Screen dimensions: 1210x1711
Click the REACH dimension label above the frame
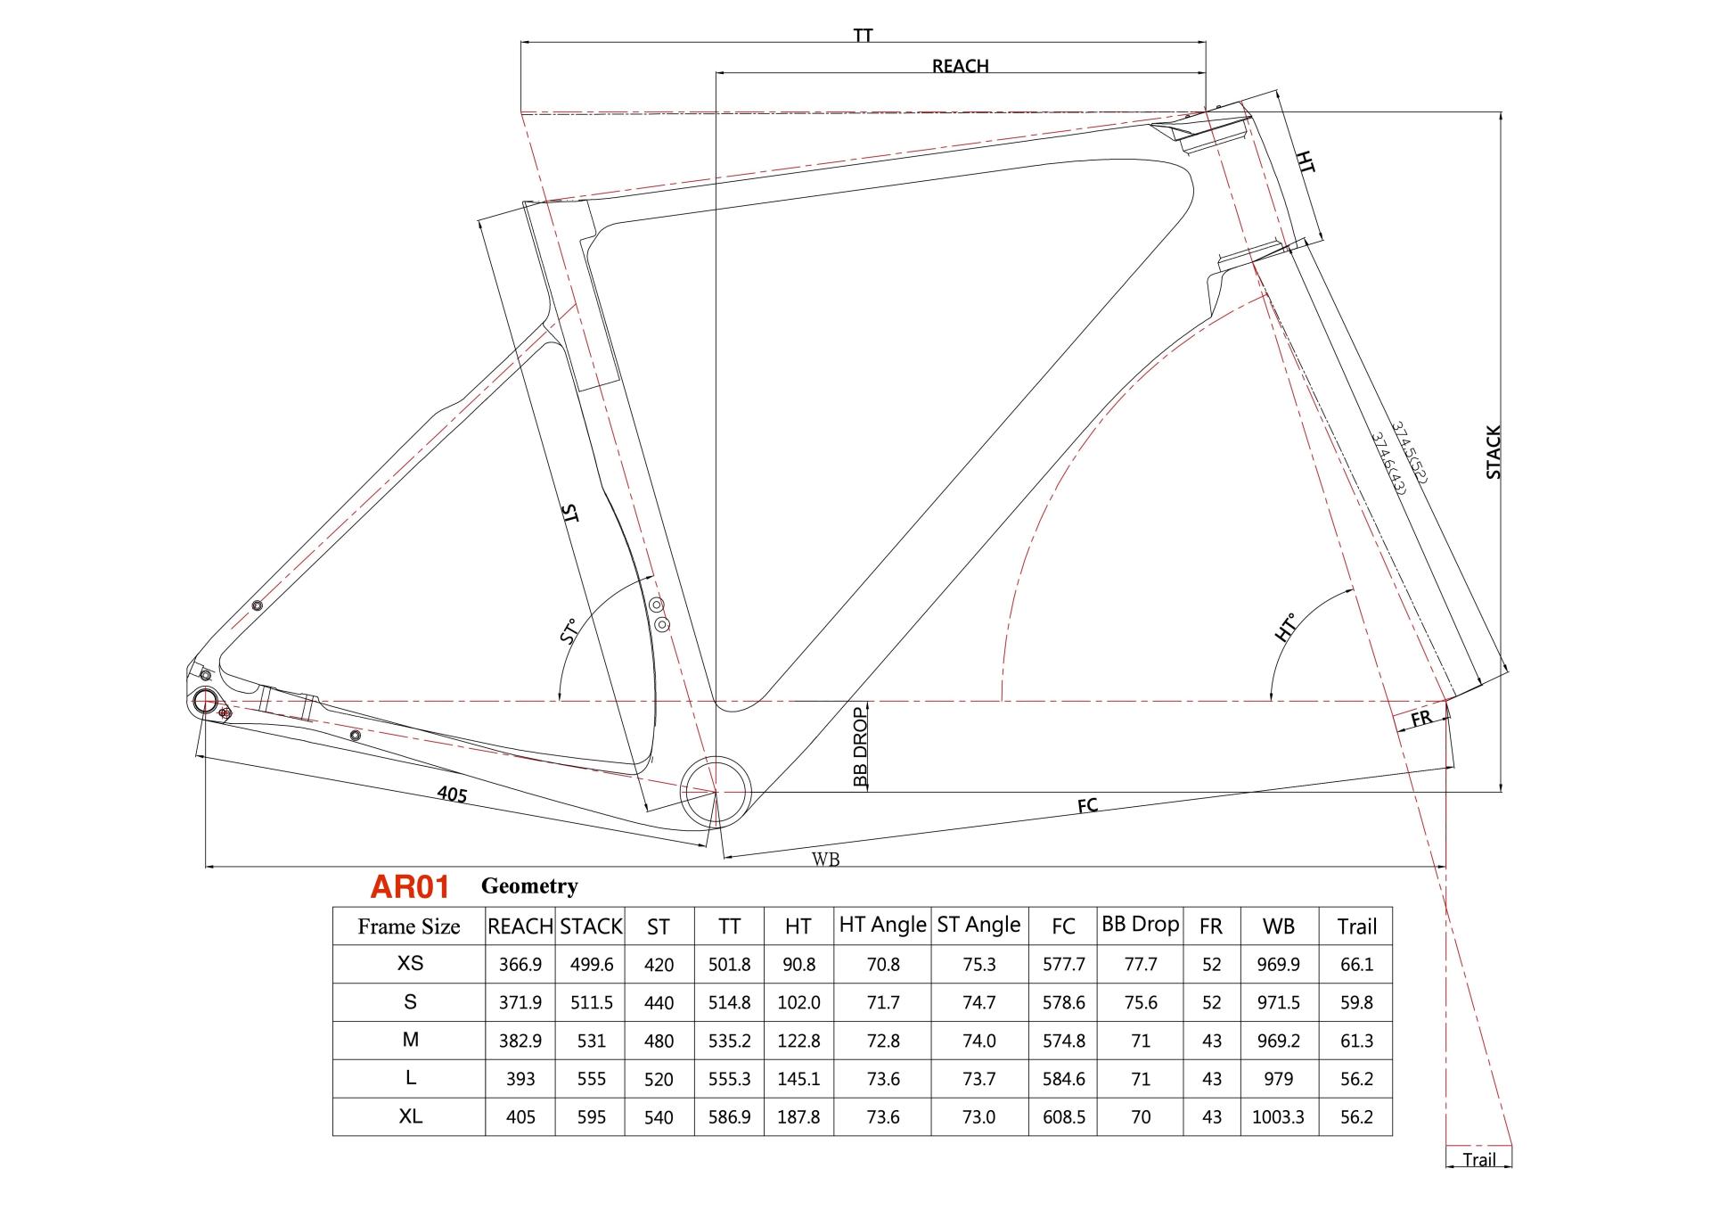click(x=960, y=66)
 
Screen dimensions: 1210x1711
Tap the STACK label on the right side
click(x=1494, y=452)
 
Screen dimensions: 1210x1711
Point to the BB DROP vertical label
click(x=860, y=747)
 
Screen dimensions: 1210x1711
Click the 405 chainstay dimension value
click(x=452, y=793)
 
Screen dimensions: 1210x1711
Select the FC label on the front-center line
click(x=1087, y=806)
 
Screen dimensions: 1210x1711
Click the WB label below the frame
click(x=825, y=860)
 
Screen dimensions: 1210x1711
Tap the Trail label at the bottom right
click(x=1478, y=1160)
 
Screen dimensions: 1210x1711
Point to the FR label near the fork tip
click(x=1420, y=718)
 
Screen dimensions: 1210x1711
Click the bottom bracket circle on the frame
click(x=716, y=791)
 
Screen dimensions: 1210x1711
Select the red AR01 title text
click(x=410, y=886)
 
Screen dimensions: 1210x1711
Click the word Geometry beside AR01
click(x=529, y=885)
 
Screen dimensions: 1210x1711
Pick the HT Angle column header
click(x=882, y=926)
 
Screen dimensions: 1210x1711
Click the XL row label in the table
click(x=410, y=1116)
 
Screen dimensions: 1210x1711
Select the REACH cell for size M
click(x=520, y=1041)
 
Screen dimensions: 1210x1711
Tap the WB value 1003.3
click(x=1278, y=1116)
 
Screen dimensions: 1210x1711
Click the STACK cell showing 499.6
click(x=591, y=965)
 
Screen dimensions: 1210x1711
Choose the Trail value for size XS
click(x=1356, y=965)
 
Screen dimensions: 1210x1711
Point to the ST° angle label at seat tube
click(x=569, y=630)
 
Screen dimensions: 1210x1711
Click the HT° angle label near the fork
click(x=1285, y=628)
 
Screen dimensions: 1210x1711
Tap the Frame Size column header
click(x=409, y=926)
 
